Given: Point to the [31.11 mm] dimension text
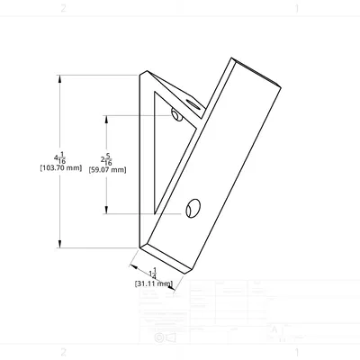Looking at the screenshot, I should point(153,283).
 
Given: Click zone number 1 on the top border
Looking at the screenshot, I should point(296,7).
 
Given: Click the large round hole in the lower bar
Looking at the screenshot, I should point(191,209).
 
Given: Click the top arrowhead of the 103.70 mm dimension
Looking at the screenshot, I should point(59,76).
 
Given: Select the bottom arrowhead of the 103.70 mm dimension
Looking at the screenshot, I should point(59,243).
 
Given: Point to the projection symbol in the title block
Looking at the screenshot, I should point(165,337).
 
